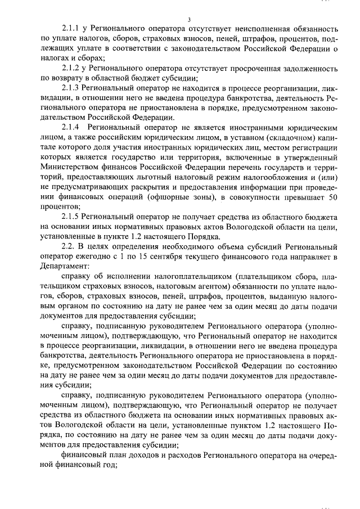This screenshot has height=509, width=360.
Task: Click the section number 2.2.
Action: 67,247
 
